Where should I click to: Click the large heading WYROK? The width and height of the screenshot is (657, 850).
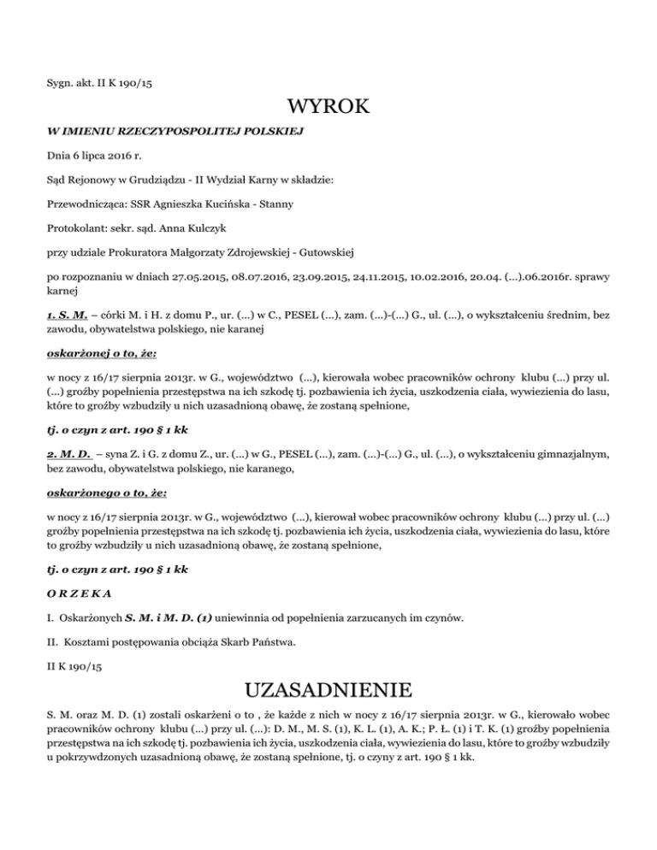coord(328,108)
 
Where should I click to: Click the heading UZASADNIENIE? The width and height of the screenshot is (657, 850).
coord(328,688)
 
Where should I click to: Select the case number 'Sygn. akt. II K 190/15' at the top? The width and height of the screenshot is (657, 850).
coord(100,83)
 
